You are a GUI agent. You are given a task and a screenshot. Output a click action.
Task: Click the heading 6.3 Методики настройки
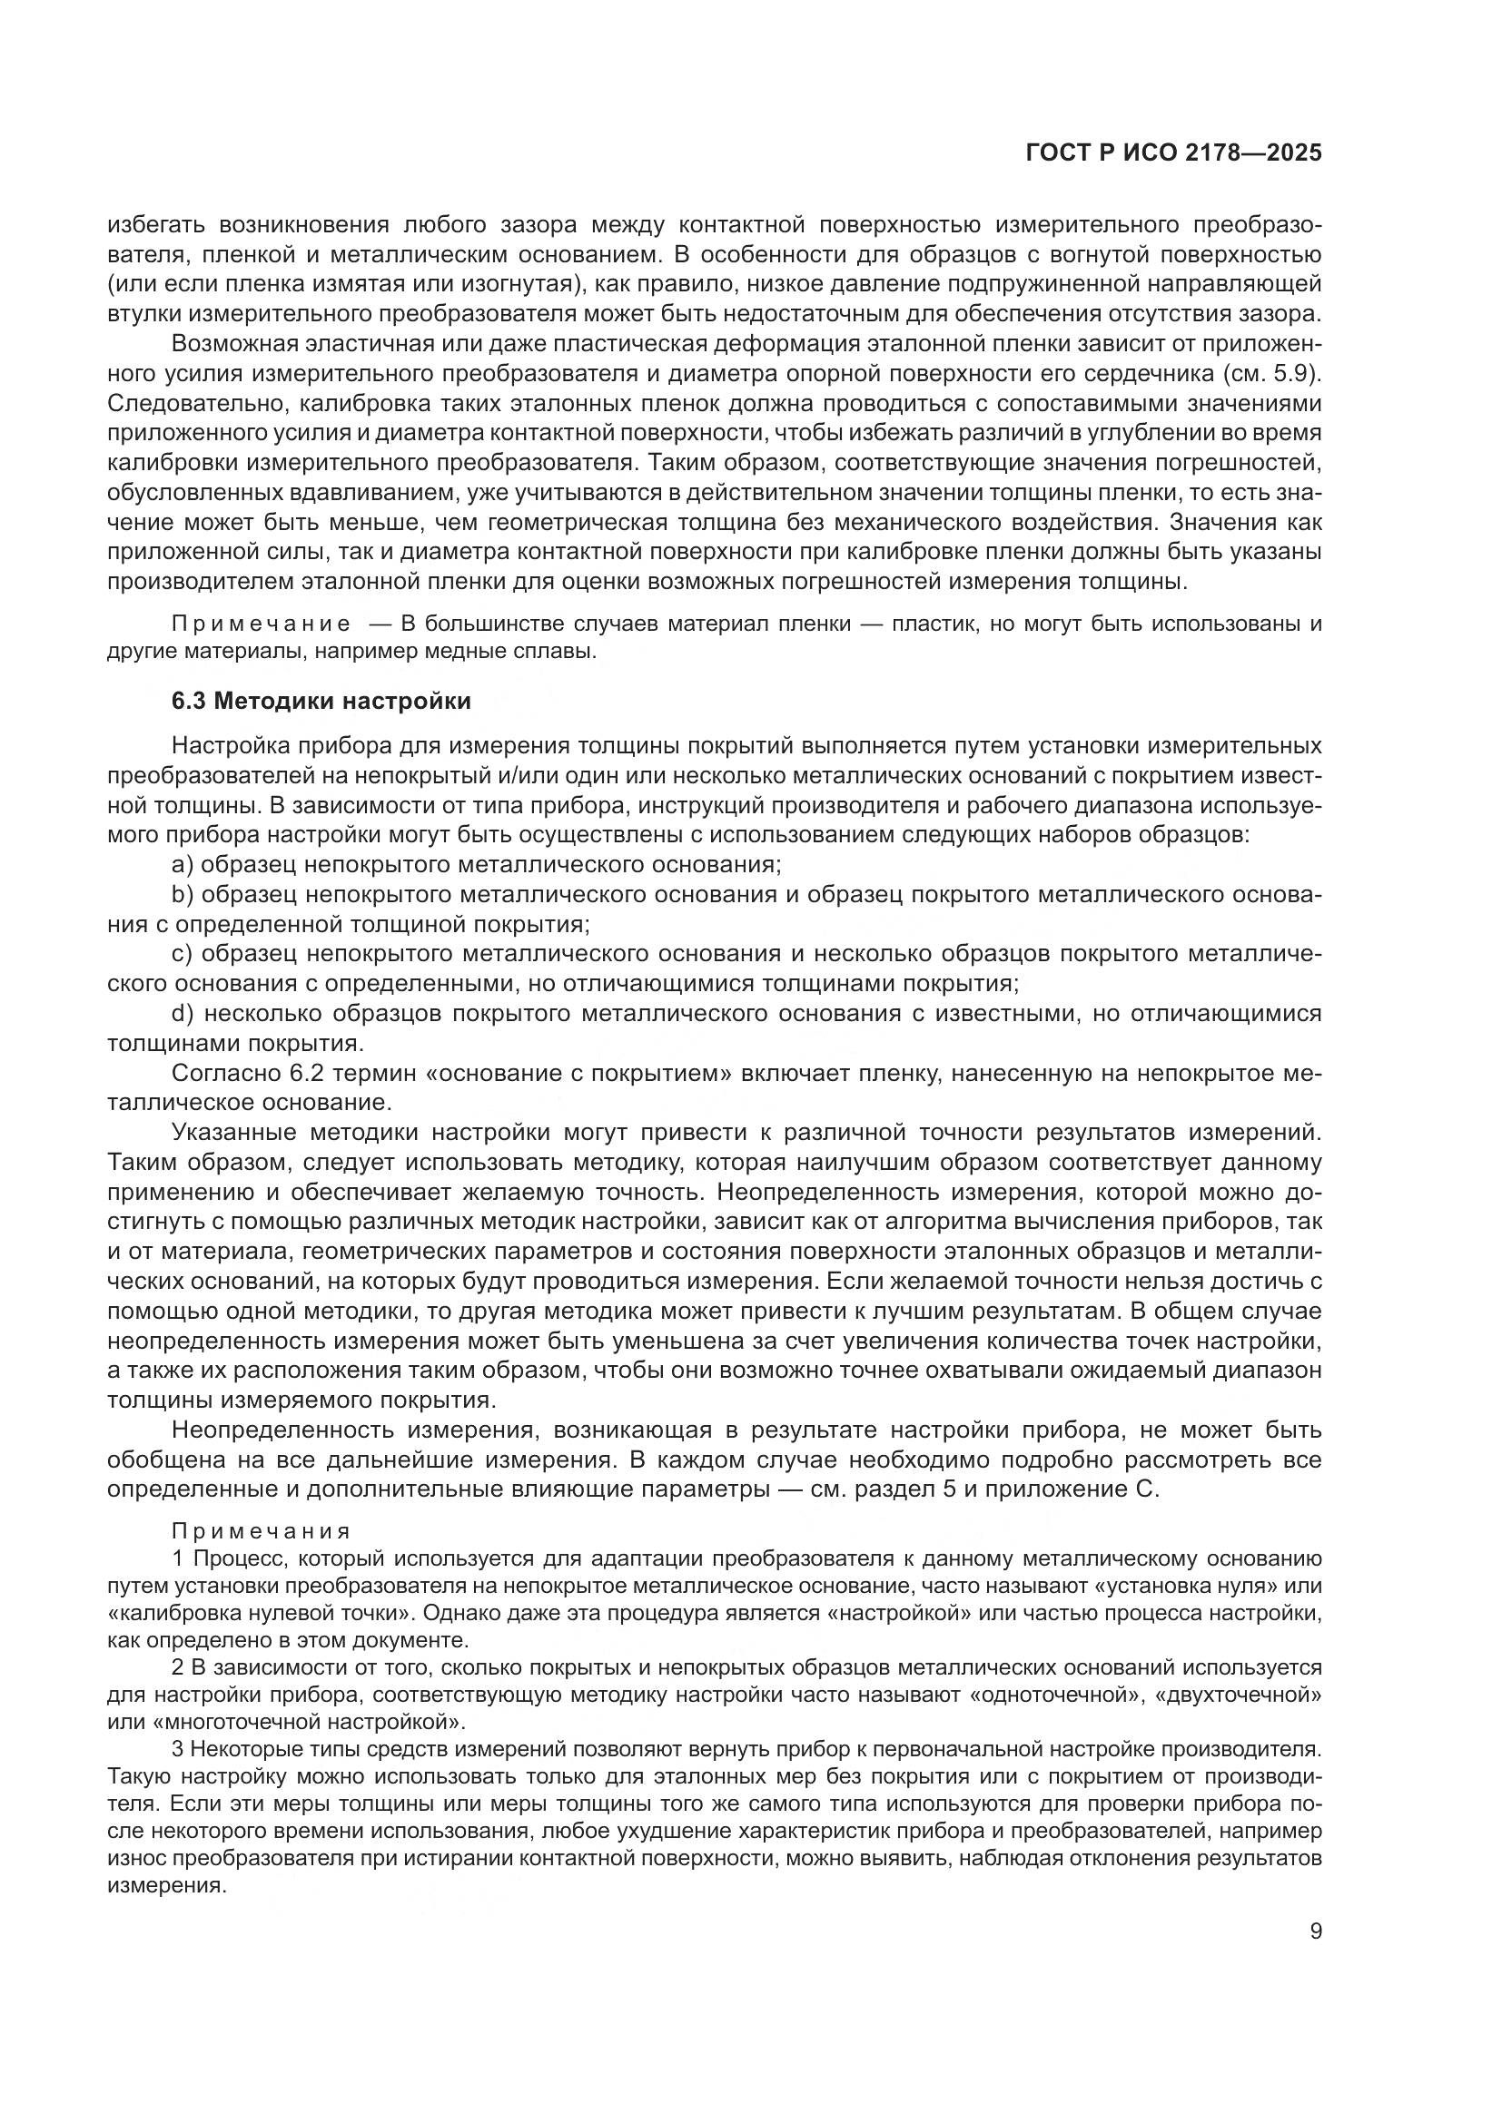321,701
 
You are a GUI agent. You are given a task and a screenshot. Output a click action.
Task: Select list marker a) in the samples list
183,865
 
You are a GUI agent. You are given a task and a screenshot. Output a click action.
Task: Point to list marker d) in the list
183,1014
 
